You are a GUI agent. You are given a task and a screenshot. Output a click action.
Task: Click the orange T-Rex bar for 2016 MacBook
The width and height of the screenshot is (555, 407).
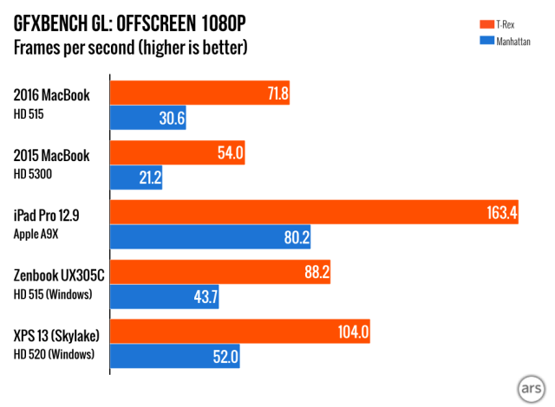point(199,93)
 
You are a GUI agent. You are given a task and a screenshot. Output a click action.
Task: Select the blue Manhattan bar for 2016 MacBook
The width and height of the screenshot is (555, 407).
point(148,119)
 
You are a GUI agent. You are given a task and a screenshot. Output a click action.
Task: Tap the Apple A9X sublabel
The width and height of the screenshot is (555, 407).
point(40,234)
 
